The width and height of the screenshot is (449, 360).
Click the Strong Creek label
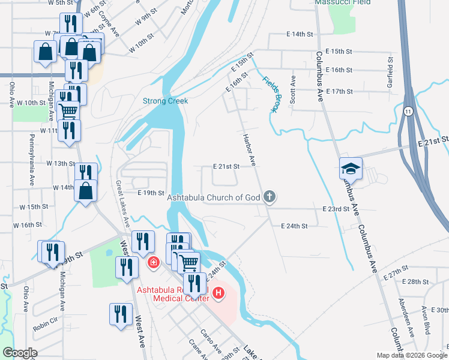click(165, 101)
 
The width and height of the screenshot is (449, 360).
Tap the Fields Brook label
click(271, 94)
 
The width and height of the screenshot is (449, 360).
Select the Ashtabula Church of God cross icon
click(270, 196)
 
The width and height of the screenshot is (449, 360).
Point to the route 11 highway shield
click(408, 112)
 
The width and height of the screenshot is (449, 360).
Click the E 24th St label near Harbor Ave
click(294, 226)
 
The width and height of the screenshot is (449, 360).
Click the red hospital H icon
click(219, 293)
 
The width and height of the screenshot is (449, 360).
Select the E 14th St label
click(301, 35)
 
